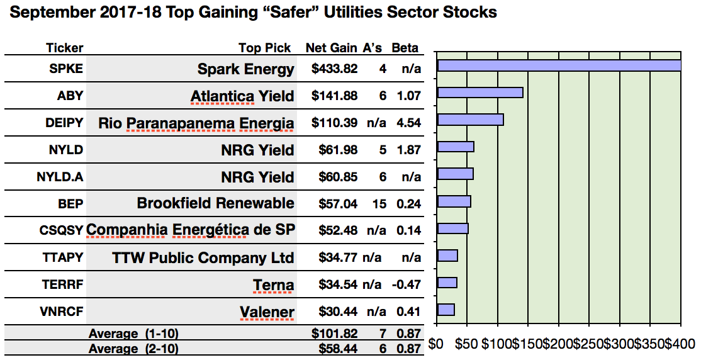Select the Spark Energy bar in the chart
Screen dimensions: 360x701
[559, 66]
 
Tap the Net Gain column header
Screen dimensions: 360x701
[332, 48]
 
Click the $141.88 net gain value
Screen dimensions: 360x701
[334, 96]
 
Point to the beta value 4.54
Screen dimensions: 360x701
[408, 123]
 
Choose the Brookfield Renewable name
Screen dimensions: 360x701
[215, 203]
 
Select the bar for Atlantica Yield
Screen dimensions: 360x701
[480, 93]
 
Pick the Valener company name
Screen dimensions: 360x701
[267, 312]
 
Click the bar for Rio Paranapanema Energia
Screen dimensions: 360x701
[470, 120]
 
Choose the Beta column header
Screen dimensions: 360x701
[405, 48]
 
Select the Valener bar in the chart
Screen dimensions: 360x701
[446, 310]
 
